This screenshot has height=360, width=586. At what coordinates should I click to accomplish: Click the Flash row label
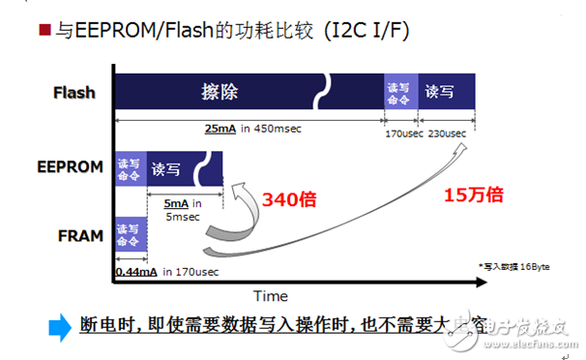click(x=74, y=93)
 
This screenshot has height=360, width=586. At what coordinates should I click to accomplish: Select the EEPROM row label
click(x=71, y=166)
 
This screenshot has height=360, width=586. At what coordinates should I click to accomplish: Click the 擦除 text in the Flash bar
click(x=220, y=93)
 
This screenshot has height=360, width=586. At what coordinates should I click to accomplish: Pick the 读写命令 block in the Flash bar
click(x=398, y=93)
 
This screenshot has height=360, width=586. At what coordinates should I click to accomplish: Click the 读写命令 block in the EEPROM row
click(x=129, y=167)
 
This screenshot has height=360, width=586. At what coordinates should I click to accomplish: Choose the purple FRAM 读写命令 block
click(x=129, y=234)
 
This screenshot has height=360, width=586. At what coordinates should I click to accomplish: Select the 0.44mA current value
click(x=135, y=272)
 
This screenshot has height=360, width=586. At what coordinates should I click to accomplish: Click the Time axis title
click(x=271, y=295)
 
